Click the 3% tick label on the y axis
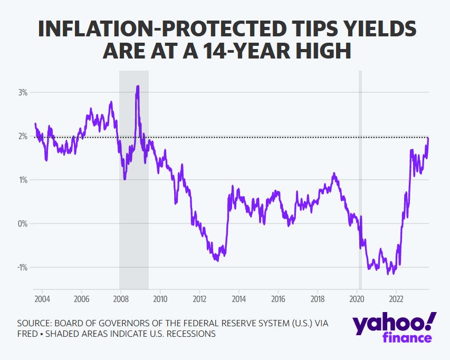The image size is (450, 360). [x=23, y=92]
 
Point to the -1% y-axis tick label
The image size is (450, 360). [x=23, y=267]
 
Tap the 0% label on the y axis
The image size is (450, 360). [x=23, y=223]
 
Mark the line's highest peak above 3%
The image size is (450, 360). [x=138, y=86]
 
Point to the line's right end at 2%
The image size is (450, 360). [x=428, y=138]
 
